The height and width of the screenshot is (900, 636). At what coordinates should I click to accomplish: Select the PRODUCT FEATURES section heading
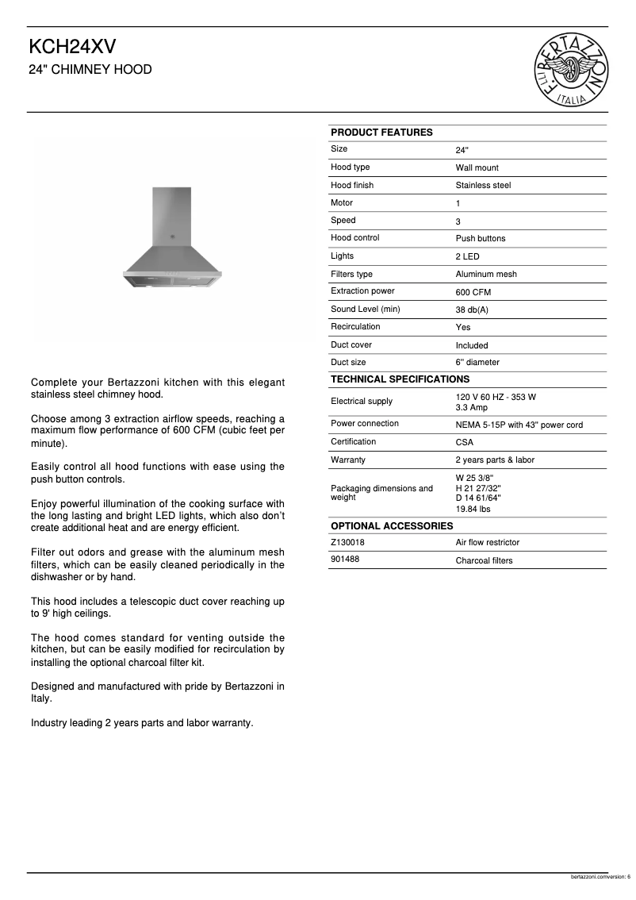tap(381, 133)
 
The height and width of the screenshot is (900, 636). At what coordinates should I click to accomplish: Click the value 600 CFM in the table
tap(473, 292)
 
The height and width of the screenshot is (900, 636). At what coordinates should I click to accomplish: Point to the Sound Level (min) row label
tap(365, 309)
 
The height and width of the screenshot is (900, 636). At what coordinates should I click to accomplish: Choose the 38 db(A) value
tap(472, 310)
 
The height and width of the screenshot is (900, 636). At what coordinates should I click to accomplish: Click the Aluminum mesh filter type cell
tap(485, 274)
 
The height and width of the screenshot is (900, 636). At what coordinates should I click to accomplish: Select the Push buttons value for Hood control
tap(480, 238)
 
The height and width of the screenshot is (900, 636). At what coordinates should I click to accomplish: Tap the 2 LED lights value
tap(467, 256)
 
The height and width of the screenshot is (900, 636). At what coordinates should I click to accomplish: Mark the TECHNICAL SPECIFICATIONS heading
tap(400, 379)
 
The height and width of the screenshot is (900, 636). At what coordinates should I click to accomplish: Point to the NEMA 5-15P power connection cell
tap(519, 425)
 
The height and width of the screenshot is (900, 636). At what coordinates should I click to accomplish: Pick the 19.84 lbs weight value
tap(473, 509)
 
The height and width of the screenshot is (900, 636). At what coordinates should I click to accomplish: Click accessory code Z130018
tap(348, 542)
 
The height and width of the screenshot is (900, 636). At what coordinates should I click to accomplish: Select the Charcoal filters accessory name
tap(484, 560)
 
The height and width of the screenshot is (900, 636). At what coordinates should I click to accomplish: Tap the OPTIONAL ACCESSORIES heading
tap(392, 526)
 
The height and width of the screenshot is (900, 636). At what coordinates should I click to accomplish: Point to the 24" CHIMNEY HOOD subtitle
tap(90, 70)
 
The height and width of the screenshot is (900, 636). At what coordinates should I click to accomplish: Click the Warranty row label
tap(348, 460)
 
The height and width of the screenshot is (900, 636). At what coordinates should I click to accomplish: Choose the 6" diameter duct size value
tap(477, 363)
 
